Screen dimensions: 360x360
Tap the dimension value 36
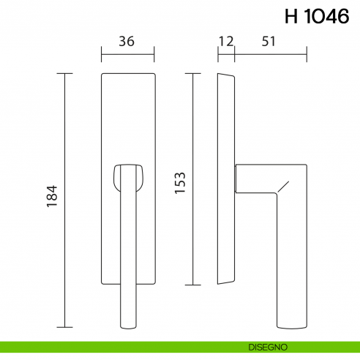pyautogui.click(x=127, y=42)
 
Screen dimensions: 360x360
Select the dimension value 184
pyautogui.click(x=51, y=200)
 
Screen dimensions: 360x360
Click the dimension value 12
pyautogui.click(x=225, y=42)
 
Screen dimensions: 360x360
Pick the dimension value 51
pyautogui.click(x=269, y=42)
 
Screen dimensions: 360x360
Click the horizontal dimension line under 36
pyautogui.click(x=127, y=53)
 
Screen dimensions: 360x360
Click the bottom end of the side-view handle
pyautogui.click(x=290, y=325)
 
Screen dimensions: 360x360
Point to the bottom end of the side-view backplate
pyautogui.click(x=223, y=282)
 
